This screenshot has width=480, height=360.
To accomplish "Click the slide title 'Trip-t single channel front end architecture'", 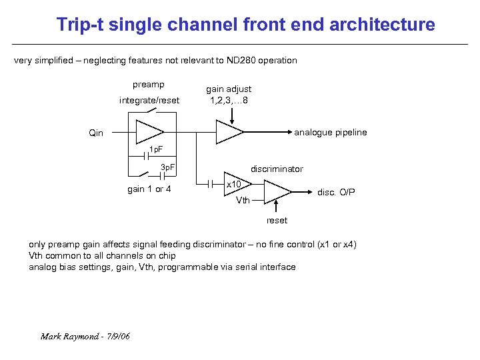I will pos(245,25).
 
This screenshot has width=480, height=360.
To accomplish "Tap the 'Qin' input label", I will pos(96,133).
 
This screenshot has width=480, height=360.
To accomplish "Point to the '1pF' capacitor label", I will pos(155,149).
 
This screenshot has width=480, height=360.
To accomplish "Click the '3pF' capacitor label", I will pos(168,167).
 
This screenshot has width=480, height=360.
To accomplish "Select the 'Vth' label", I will pos(244,200).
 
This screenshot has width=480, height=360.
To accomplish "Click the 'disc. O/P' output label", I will pos(336,193).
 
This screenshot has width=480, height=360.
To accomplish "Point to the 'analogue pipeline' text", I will pos(331,133).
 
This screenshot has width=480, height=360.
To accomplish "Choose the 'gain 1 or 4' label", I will pos(149,189).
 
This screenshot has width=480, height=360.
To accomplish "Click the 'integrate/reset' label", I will pos(149,101).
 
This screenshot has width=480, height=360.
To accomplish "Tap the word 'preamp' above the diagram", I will pos(149,85).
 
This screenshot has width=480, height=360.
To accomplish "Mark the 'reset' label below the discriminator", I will pos(277,221).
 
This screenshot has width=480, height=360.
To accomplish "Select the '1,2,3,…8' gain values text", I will pos(229,101).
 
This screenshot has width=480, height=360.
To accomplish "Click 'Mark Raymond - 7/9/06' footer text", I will pos(85,336).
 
